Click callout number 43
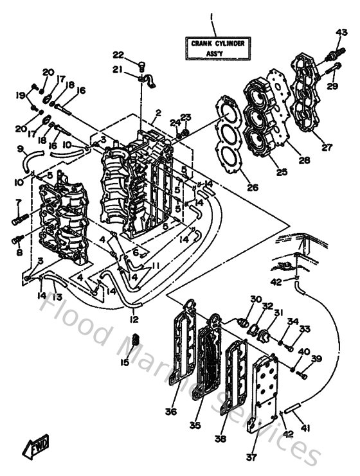[x=341, y=33]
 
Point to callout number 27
[x=327, y=147]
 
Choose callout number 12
[x=134, y=319]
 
